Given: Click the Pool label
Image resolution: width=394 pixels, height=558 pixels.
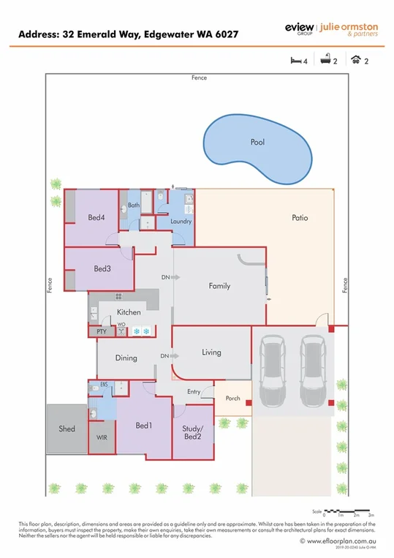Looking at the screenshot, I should coord(257,143).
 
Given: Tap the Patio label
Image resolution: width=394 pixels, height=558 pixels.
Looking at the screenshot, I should coord(300,218).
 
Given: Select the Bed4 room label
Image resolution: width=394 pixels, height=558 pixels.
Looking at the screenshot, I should coord(96,218).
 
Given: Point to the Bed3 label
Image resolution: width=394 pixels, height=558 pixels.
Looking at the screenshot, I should coord(102,268).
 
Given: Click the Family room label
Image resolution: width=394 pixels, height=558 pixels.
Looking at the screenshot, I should coord(219,286).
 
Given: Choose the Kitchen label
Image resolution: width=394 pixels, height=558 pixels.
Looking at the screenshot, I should coord(129,313).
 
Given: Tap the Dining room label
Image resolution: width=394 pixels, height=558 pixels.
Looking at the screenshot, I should coord(126,358).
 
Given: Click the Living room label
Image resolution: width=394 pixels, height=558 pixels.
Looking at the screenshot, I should coord(211,352).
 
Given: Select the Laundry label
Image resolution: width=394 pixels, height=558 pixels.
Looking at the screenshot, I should coord(181,222).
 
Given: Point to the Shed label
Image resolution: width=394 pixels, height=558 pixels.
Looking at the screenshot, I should coord(67,429).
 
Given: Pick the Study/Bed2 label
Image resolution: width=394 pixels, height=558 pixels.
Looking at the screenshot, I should coord(192,432).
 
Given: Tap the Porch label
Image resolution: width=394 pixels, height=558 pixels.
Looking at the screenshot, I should coord(232,399).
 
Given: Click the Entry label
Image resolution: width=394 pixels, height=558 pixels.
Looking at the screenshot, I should coord(193,392).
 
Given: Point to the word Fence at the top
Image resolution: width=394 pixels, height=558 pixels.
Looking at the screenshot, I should coord(199,78).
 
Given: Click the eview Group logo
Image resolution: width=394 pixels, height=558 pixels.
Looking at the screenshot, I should coord(298,27).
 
